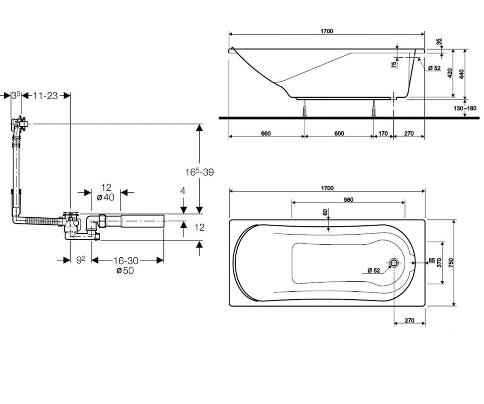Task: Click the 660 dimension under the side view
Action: click(266, 133)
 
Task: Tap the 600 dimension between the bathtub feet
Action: click(339, 133)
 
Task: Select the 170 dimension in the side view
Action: click(383, 133)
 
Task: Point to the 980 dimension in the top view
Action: click(348, 200)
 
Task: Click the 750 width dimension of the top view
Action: click(451, 263)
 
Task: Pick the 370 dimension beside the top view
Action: click(439, 263)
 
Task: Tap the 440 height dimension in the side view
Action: click(461, 74)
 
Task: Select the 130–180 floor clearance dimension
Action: click(465, 108)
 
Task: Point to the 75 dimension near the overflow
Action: click(394, 65)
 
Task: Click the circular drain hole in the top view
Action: click(394, 263)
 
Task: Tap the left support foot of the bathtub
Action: click(305, 108)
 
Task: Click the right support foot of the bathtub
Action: click(373, 108)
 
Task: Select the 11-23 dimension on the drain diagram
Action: click(46, 96)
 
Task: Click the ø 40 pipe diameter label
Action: click(106, 198)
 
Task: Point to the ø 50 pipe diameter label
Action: click(125, 271)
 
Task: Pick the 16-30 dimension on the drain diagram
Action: click(125, 261)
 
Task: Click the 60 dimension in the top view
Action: click(325, 212)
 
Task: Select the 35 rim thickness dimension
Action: click(439, 42)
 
